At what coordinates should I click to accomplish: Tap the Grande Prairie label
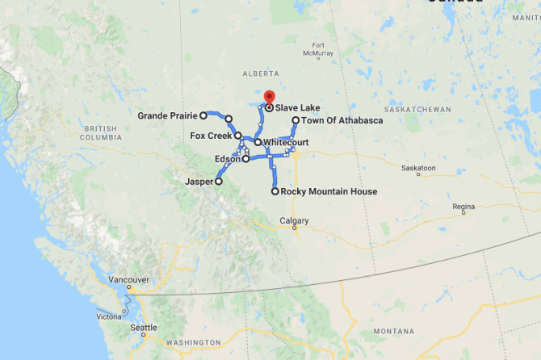coord(167,115)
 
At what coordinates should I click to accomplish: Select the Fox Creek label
coord(211,136)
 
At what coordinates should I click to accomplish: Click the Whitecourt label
coord(285,142)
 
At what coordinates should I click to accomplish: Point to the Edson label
coord(227,159)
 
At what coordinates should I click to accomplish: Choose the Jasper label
coord(199,182)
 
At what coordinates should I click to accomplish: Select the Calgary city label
coord(294,220)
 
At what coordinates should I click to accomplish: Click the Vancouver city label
coord(128,279)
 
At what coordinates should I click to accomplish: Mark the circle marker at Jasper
coord(217,182)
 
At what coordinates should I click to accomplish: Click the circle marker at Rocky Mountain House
coord(275,191)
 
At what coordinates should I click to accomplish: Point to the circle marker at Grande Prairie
coord(204,115)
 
